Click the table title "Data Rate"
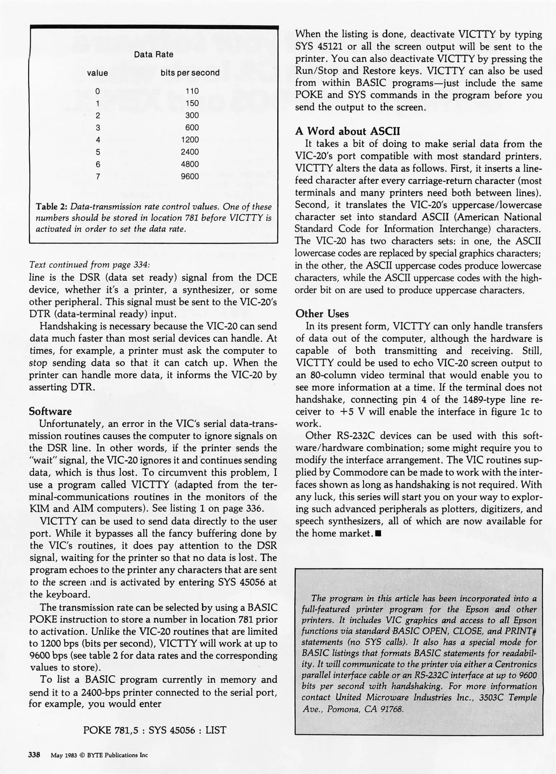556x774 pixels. pyautogui.click(x=153, y=54)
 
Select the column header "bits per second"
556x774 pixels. pyautogui.click(x=190, y=73)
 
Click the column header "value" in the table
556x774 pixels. pyautogui.click(x=97, y=73)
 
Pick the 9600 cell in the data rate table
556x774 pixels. pyautogui.click(x=190, y=176)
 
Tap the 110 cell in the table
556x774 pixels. pyautogui.click(x=192, y=91)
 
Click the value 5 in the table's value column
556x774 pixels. pyautogui.click(x=98, y=152)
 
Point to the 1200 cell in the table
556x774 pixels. pyautogui.click(x=190, y=140)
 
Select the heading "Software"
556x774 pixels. pyautogui.click(x=50, y=411)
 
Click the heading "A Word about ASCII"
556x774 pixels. pyautogui.click(x=347, y=131)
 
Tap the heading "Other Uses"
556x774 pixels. pyautogui.click(x=322, y=314)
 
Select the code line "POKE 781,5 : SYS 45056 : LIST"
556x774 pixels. pyautogui.click(x=154, y=730)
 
